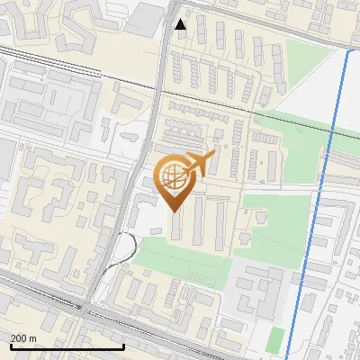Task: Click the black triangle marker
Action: click(181, 24)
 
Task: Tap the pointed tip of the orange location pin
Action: click(175, 211)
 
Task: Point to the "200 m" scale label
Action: click(23, 338)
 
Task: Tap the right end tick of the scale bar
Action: click(122, 345)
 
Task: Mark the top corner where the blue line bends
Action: click(348, 50)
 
